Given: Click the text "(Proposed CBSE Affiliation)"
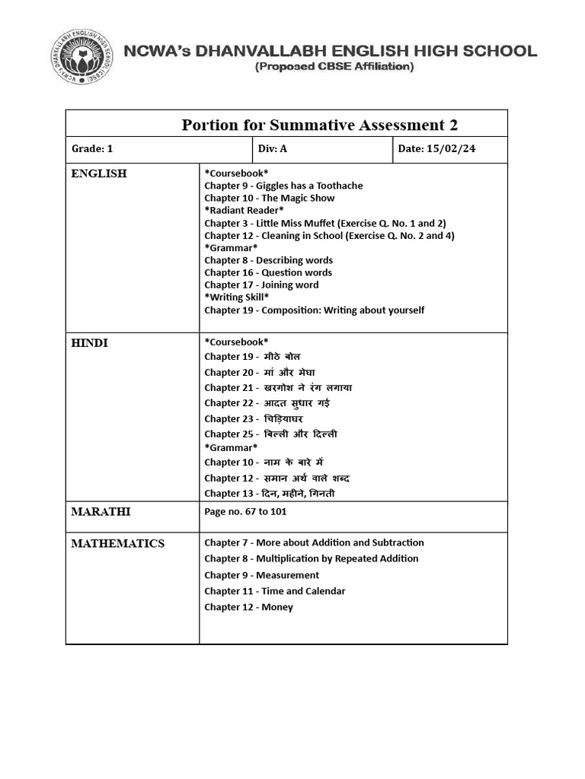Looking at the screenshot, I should coord(334,67).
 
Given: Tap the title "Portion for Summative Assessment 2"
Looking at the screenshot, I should coord(320,125).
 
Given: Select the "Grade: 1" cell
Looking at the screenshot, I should coord(92,149).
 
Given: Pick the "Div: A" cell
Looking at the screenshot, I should coord(272,149).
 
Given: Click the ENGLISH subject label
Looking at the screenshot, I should coord(99,173).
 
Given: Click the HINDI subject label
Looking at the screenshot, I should coord(90,343).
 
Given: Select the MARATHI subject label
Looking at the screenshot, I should coord(101,511).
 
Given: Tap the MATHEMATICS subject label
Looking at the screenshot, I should coord(117,543).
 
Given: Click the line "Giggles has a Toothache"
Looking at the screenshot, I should coord(283,186).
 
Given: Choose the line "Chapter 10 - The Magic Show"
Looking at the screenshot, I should coord(269,198).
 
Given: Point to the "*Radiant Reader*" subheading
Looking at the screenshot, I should coord(244,210).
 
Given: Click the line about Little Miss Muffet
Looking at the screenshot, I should coord(324,223).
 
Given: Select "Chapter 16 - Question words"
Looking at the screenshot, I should coord(267,272).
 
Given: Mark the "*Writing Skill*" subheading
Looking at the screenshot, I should coord(236,297).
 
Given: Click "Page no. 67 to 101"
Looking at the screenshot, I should coord(245,511).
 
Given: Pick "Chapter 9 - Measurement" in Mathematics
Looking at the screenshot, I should coord(261,575).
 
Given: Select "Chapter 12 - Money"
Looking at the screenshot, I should coord(248,607).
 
